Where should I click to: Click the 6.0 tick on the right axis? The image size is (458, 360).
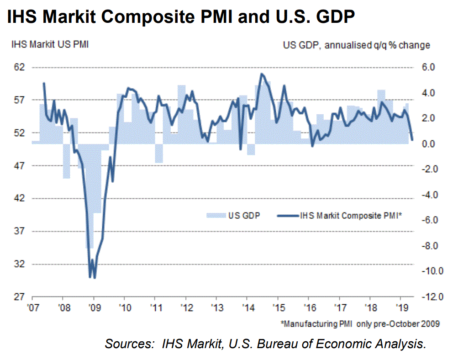(x=422, y=67)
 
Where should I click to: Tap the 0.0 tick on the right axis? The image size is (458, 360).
(x=422, y=144)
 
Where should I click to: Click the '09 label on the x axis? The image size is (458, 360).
(x=93, y=307)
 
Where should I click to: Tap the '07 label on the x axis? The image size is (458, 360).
(x=32, y=307)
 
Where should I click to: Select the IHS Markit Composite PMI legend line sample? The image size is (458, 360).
(x=286, y=215)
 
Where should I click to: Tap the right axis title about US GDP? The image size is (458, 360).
(x=356, y=45)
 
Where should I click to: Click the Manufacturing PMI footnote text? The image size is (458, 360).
(x=361, y=324)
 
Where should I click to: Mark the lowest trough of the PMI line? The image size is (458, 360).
(x=95, y=277)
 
